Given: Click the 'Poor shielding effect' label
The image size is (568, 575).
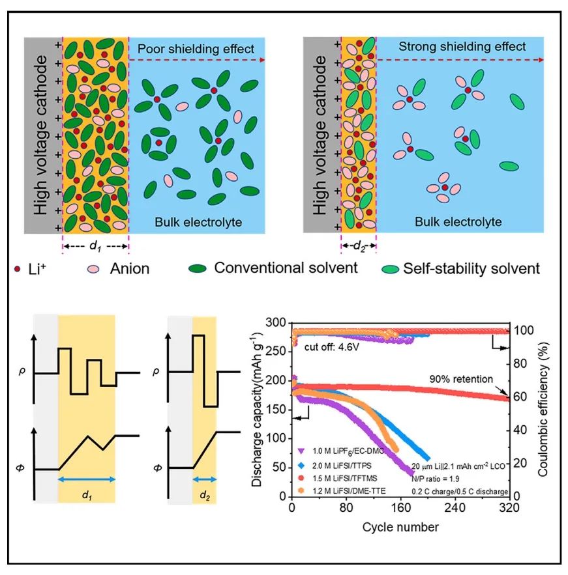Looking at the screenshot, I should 196,49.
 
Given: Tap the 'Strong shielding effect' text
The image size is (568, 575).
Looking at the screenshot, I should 462,47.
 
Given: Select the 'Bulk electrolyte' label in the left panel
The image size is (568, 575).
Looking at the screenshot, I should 198,222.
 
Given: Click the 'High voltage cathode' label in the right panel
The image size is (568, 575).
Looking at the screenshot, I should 320,135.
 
